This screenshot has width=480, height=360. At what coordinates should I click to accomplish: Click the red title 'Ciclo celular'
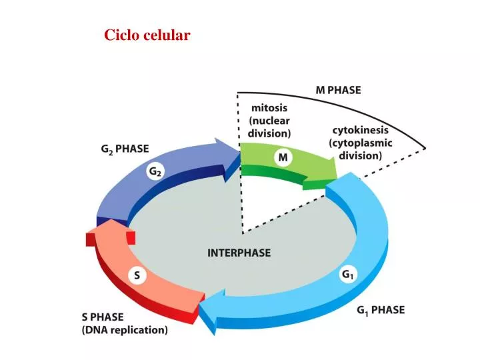[x=147, y=35]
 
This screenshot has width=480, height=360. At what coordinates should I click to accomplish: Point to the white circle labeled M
[x=283, y=157]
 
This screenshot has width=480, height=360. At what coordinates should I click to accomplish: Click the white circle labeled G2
[x=155, y=172]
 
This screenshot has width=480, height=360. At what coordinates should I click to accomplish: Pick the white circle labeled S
[x=137, y=275]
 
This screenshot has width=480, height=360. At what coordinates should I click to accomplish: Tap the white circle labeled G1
[x=347, y=275]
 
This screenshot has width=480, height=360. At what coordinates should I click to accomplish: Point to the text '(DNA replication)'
[x=125, y=329]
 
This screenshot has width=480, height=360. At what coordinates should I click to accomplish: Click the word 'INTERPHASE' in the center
[x=239, y=253]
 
